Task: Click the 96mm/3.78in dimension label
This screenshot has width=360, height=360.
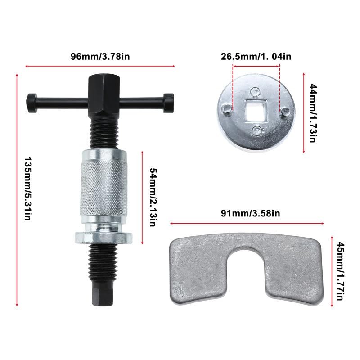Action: [100, 56]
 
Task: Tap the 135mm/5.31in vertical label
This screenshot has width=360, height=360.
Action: [28, 189]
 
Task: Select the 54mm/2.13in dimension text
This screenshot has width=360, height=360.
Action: [153, 198]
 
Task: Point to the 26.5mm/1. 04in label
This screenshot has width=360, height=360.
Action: [256, 57]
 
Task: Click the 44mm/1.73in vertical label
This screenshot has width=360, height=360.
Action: [314, 113]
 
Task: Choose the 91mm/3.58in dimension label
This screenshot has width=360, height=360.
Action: [251, 213]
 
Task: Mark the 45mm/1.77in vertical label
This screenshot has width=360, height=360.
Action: [340, 271]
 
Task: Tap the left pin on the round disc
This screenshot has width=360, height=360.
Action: [227, 108]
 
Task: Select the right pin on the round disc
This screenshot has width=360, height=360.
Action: [285, 112]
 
